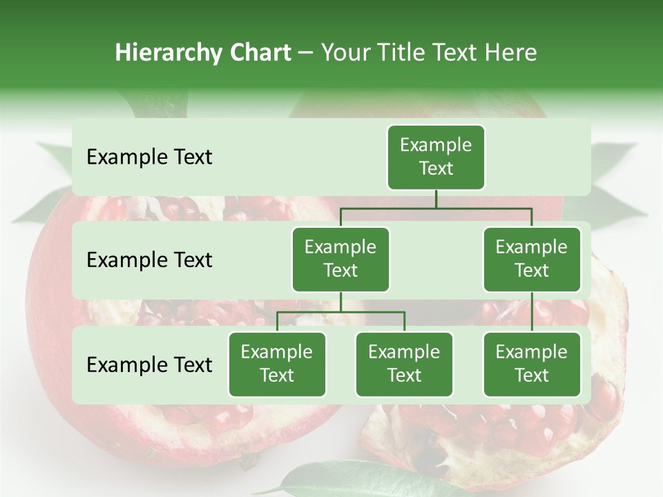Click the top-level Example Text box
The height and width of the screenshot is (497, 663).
[436, 157]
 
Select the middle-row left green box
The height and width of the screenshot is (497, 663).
[340, 259]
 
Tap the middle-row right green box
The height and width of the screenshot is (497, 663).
[532, 259]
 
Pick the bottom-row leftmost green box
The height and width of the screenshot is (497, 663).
[277, 364]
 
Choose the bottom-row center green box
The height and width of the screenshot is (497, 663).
[404, 364]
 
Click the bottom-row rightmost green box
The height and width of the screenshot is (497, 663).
[532, 364]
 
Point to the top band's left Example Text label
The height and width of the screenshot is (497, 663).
[149, 157]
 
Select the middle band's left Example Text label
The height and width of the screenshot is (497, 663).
[149, 260]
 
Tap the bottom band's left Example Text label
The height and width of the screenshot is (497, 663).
[149, 364]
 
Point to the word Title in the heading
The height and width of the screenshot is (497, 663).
[403, 52]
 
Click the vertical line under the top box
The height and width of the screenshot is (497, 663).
[436, 199]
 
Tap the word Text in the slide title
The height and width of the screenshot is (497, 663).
[457, 52]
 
